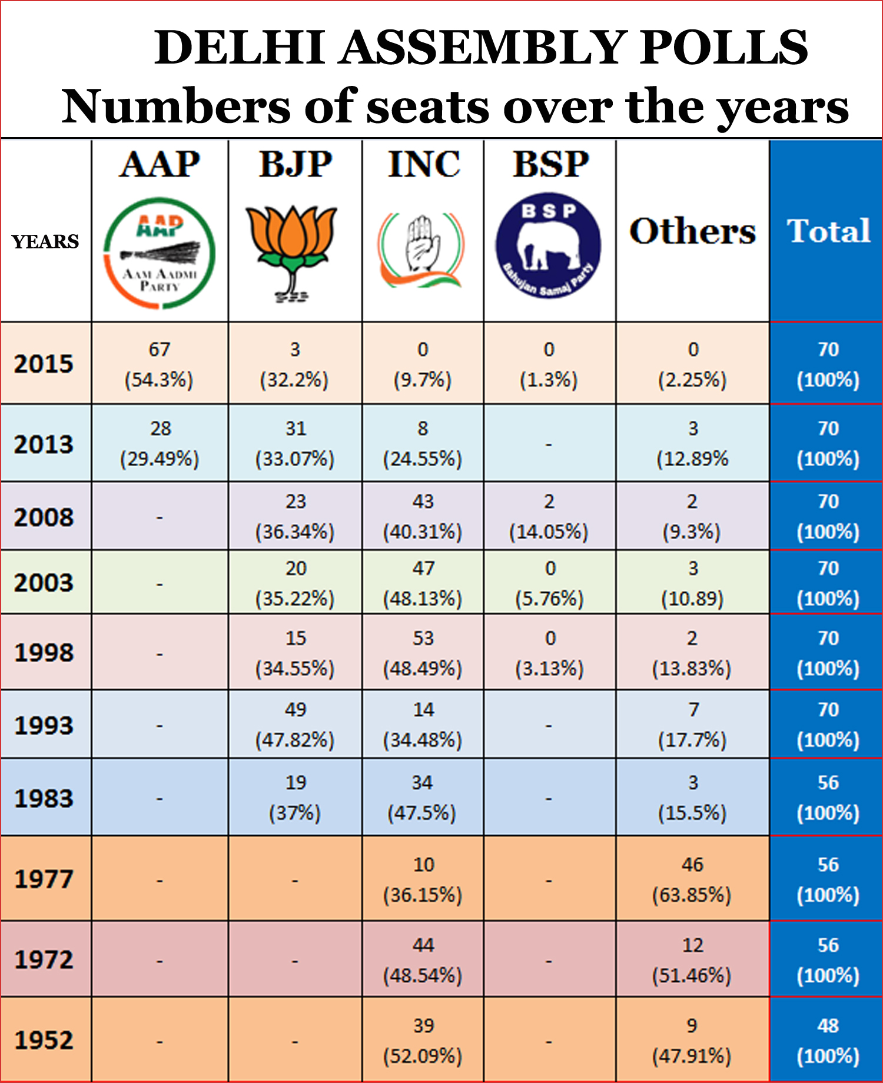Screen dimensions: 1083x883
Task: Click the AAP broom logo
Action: (x=160, y=253)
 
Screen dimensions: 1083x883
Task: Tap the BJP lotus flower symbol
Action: (x=291, y=250)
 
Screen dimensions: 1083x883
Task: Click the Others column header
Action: (x=692, y=231)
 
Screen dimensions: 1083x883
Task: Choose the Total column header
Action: (x=828, y=231)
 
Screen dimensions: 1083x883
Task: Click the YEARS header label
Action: (x=45, y=241)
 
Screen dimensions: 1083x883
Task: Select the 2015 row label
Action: (x=44, y=364)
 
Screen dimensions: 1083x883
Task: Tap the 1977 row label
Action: (x=44, y=879)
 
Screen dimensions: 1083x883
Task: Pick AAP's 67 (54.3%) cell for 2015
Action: (x=160, y=364)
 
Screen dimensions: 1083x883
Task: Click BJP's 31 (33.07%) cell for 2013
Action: (x=295, y=443)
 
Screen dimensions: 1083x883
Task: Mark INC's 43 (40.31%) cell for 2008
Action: (x=423, y=516)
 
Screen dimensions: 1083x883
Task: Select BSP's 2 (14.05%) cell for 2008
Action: (x=549, y=516)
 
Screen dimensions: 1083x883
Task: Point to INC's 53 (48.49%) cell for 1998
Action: (x=423, y=653)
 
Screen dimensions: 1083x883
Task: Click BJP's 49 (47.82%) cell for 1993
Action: (x=295, y=724)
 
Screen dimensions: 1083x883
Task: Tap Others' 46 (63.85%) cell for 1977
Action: (x=692, y=879)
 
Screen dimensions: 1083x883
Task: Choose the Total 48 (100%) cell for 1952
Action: (x=828, y=1041)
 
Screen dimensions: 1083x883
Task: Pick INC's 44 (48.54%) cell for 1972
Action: (x=423, y=960)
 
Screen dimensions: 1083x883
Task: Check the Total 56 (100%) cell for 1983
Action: (x=828, y=798)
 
